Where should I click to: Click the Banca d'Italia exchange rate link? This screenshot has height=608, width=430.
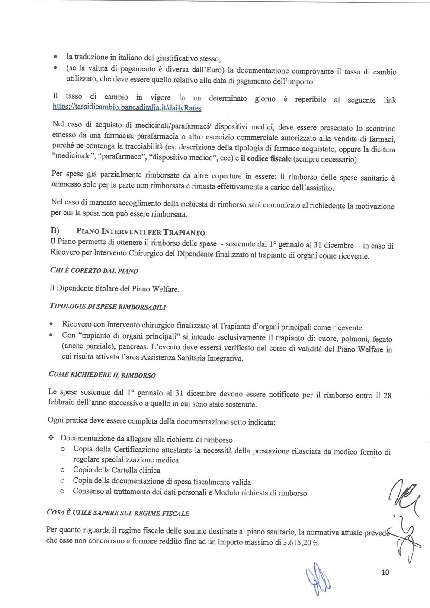pos(127,107)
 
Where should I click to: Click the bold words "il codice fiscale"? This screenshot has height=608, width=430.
pos(266,159)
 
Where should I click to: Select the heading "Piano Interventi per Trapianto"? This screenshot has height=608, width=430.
pos(141,233)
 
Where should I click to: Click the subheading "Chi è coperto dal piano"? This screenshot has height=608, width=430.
pos(94,271)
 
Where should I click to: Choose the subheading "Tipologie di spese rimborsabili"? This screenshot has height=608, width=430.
pos(108,307)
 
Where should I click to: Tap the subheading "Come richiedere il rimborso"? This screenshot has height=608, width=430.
pos(102,375)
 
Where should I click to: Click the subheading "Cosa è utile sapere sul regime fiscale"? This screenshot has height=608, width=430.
pos(118,513)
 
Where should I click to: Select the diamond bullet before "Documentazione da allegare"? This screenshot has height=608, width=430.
pos(50,438)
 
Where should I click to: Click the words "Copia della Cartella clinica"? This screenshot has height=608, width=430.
pos(116,470)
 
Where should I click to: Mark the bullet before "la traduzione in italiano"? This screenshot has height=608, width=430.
pos(55,57)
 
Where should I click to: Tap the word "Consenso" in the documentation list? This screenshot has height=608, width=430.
pos(88,492)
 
